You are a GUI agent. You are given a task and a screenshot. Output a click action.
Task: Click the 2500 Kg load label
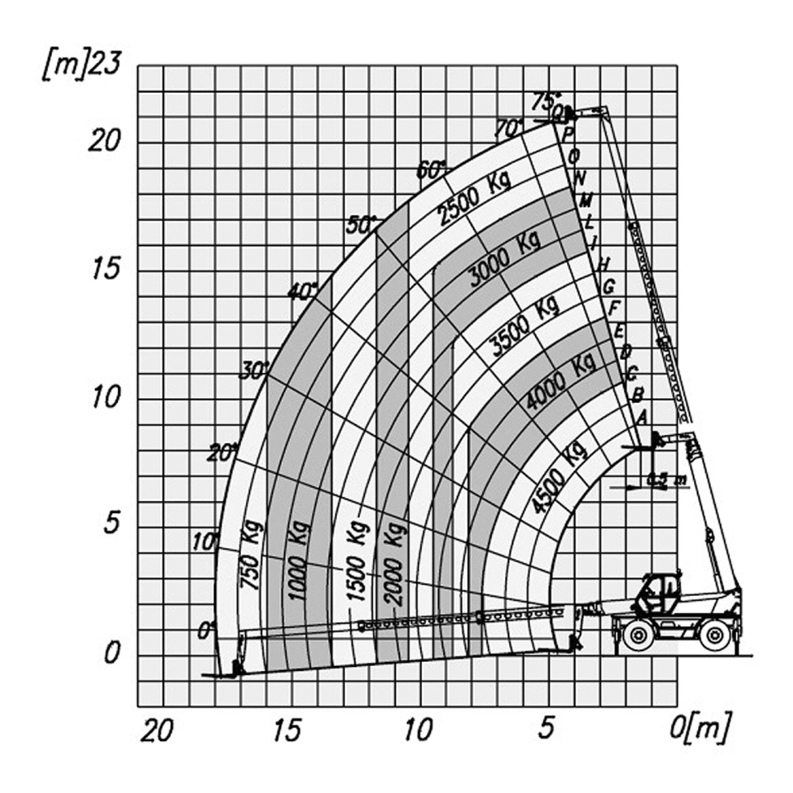pyautogui.click(x=474, y=197)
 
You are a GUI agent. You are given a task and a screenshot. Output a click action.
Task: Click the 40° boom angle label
pyautogui.click(x=303, y=291)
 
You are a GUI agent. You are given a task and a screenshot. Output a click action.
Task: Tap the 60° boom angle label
pyautogui.click(x=431, y=170)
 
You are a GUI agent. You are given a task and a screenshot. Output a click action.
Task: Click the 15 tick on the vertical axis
pyautogui.click(x=104, y=270)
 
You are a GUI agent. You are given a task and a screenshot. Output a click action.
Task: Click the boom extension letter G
pyautogui.click(x=609, y=286)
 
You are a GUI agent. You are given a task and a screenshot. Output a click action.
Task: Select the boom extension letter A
pyautogui.click(x=640, y=418)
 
